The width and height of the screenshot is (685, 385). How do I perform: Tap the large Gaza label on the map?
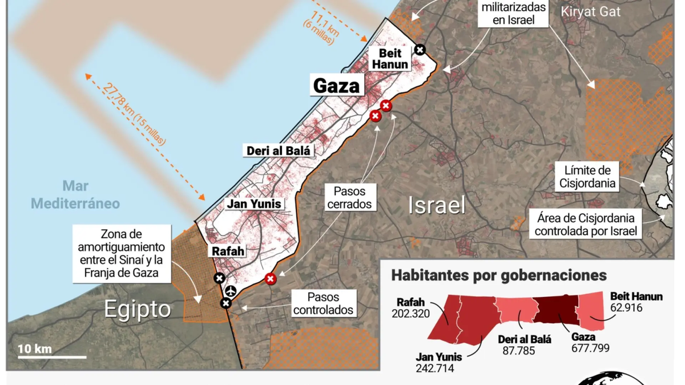[x=337, y=86]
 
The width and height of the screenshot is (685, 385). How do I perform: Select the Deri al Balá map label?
[x=279, y=151]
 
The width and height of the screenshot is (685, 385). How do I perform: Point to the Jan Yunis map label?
[x=254, y=204]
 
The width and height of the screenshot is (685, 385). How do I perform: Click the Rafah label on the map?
[x=228, y=251]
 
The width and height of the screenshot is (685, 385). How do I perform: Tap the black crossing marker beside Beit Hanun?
[x=420, y=50]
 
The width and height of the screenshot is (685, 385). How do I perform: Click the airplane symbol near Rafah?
[x=231, y=291]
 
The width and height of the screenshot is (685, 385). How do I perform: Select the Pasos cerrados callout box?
[x=349, y=197]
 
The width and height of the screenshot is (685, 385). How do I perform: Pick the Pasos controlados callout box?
[x=323, y=303]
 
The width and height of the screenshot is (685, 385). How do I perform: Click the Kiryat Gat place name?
[x=590, y=11]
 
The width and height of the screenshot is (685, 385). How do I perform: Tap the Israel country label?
[x=437, y=205]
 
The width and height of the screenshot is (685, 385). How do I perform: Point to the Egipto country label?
[x=137, y=309]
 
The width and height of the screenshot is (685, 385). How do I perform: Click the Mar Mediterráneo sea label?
[x=75, y=194]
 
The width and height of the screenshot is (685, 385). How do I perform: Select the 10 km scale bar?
[x=51, y=356]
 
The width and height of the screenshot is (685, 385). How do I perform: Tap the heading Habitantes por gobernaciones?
[x=499, y=275]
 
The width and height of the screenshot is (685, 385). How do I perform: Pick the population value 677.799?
[x=590, y=348]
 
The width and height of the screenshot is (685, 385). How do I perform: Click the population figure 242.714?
[x=435, y=368]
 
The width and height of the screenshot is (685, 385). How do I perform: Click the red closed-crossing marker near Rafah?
[x=271, y=279]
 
